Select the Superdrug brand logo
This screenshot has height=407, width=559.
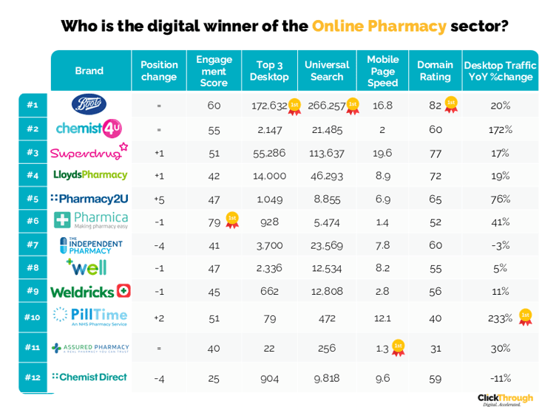(x=89, y=152)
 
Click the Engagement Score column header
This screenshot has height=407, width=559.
(x=214, y=71)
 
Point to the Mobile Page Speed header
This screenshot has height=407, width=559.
(x=382, y=71)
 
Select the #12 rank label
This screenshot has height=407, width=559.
(x=33, y=377)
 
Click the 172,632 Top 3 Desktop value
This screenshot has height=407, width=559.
(x=268, y=106)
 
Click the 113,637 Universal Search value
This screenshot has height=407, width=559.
(x=326, y=153)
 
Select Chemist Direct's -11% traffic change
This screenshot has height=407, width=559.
(x=501, y=377)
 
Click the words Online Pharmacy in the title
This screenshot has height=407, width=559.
(x=379, y=27)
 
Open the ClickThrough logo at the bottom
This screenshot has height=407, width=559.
(x=505, y=398)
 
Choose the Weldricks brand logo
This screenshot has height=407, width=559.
(x=89, y=292)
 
